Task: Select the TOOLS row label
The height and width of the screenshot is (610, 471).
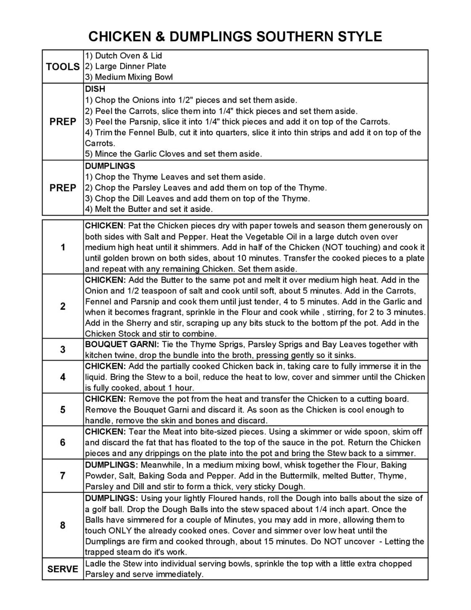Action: [x=63, y=66]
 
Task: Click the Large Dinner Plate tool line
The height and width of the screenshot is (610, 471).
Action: [x=126, y=66]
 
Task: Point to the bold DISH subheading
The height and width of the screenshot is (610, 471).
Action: [x=95, y=89]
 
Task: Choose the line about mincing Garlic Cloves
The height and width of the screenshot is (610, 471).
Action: [x=173, y=154]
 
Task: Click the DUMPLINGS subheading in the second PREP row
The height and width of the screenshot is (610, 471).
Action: [x=110, y=166]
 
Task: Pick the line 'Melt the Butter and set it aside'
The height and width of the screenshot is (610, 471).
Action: [x=149, y=209]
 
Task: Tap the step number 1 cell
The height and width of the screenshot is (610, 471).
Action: [x=63, y=247]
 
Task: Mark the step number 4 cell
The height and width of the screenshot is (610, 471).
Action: [x=63, y=377]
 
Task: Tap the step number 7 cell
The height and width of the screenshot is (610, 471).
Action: [x=63, y=476]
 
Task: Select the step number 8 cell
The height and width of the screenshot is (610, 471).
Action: [x=63, y=525]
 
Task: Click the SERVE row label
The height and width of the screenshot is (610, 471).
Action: [x=63, y=569]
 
